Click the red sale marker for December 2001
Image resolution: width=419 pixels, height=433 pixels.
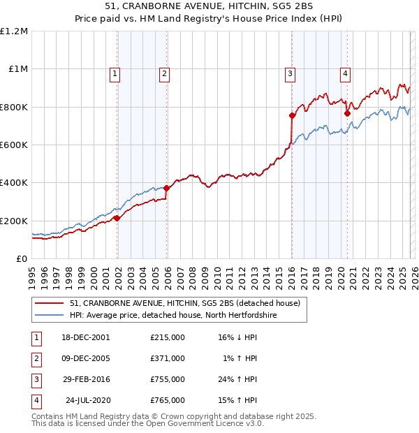coord(117,218)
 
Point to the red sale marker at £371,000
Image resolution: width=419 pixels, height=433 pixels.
coord(166,188)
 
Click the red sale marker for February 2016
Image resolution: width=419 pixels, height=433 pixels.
coord(292,115)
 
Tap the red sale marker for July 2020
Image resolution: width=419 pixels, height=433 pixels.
coord(347,113)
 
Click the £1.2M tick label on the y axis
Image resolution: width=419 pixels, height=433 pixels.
coord(14,31)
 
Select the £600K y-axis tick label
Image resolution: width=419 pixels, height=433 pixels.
coord(14,145)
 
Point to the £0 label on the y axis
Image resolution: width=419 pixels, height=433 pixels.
coord(21,258)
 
